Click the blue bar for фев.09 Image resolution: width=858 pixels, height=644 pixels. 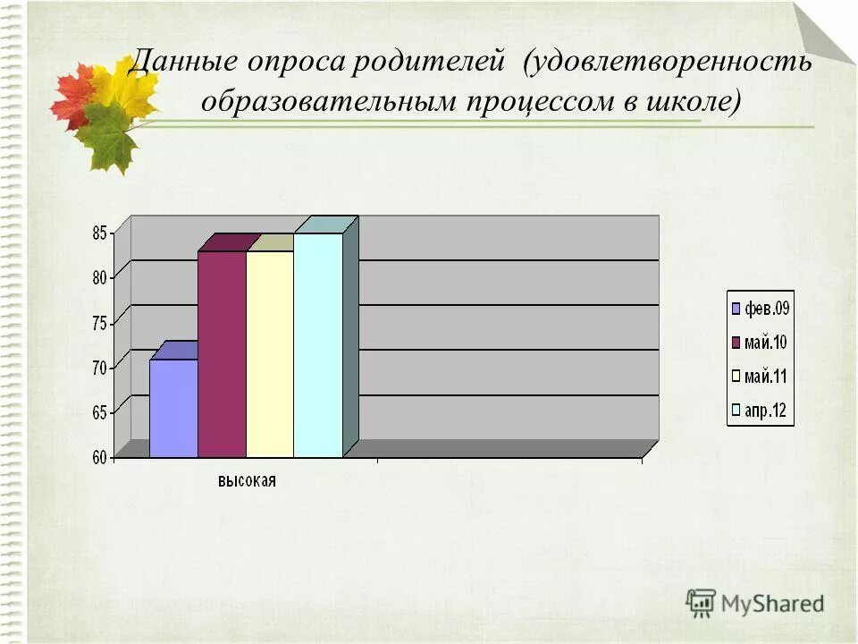173,408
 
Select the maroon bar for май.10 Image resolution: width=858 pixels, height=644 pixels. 222,354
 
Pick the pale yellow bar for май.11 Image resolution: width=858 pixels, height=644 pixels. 270,354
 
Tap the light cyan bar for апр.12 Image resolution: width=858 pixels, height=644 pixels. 318,345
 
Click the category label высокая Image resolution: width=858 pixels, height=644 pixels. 248,481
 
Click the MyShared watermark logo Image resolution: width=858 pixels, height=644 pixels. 754,603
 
